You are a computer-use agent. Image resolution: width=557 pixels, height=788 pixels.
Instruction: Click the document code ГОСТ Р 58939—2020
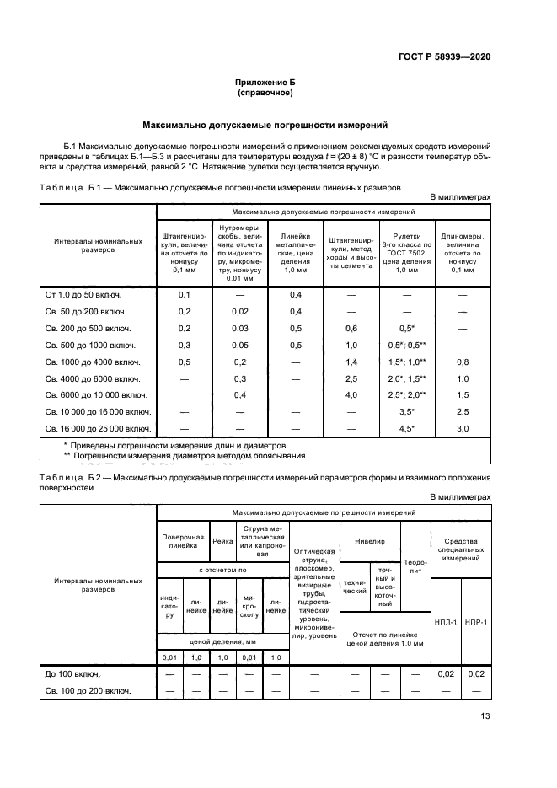coord(444,56)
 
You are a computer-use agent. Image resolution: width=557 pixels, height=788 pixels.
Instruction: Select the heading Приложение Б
coord(265,82)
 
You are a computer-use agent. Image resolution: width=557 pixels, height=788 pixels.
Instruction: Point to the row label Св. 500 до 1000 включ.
coord(85,345)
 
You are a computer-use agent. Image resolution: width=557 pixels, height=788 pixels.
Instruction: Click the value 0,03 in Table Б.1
coord(239,328)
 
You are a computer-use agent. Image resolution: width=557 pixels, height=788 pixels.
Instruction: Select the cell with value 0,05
coord(239,345)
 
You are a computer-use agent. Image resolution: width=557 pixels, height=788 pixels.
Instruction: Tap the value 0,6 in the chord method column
coord(351,328)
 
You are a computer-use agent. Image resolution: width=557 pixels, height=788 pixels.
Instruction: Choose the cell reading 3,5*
coord(407,411)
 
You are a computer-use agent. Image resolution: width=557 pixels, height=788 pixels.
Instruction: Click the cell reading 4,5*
coord(407,428)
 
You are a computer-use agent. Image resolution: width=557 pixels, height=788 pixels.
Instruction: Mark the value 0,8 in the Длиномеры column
coord(462,362)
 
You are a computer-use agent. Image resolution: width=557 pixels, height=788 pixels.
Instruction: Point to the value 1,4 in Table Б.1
coord(351,362)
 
